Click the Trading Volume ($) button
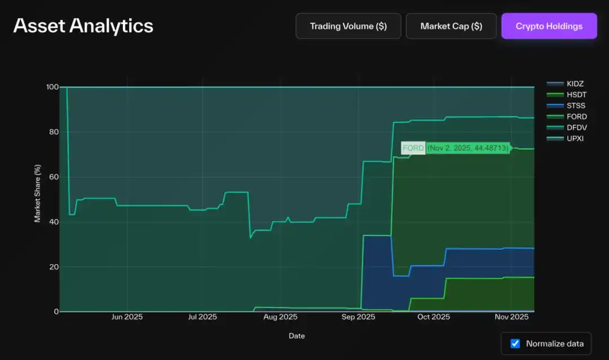click(x=348, y=26)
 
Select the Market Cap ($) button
click(x=451, y=26)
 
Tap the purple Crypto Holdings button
click(x=549, y=26)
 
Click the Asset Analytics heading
click(x=83, y=25)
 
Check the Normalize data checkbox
click(x=515, y=344)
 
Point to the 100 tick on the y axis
click(x=52, y=87)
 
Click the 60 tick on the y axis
click(x=54, y=177)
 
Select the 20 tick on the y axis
click(x=54, y=267)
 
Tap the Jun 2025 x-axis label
click(x=127, y=317)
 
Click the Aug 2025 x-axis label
click(x=280, y=317)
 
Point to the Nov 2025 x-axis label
click(x=511, y=317)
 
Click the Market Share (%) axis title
click(x=38, y=194)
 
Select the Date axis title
click(x=297, y=336)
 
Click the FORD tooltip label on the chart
click(x=413, y=148)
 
